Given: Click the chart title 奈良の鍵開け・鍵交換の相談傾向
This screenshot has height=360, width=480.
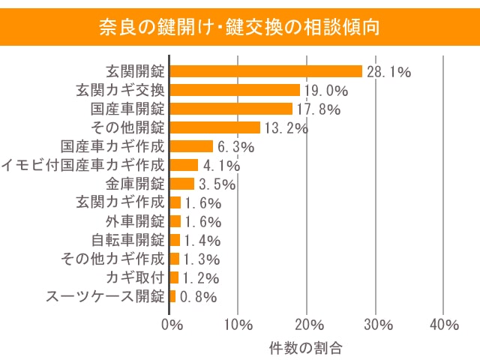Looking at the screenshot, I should [x=240, y=27].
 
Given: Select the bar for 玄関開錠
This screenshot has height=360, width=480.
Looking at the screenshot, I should [x=266, y=71].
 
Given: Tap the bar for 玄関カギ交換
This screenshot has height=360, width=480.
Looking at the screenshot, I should [x=235, y=90].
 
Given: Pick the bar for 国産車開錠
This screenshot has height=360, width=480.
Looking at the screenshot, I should [x=231, y=109].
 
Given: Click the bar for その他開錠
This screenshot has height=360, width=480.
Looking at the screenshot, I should [x=215, y=127].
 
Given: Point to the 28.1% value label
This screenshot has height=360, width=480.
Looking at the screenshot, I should [x=388, y=72].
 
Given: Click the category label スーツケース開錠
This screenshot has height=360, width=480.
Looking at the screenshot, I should [x=104, y=296].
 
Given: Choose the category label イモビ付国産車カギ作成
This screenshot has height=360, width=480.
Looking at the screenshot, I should [x=82, y=165].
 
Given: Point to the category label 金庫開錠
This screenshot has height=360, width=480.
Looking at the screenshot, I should [x=134, y=184].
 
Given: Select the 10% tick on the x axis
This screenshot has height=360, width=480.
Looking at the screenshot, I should [x=238, y=325].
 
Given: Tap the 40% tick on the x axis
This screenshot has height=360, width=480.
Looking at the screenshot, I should [x=445, y=325].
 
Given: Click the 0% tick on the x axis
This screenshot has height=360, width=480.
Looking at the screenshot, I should [x=172, y=325].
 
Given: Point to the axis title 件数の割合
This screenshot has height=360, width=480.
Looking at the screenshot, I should [x=305, y=347].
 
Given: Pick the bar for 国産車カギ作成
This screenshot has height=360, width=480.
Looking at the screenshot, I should [x=192, y=146].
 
